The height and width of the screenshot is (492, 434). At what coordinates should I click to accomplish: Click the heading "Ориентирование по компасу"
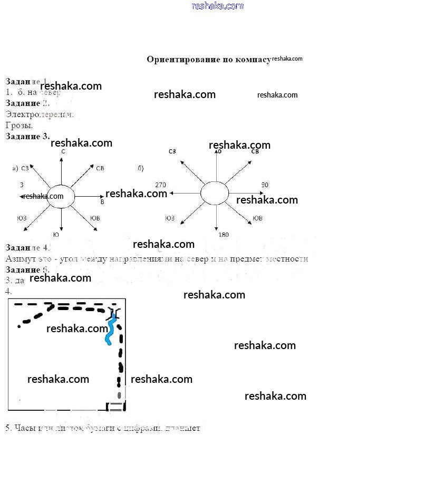tap(208, 59)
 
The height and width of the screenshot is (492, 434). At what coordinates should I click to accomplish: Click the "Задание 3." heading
tap(27, 136)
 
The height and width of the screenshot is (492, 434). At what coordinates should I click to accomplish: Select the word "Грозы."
tap(19, 126)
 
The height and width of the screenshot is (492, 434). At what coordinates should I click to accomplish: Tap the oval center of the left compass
tap(61, 196)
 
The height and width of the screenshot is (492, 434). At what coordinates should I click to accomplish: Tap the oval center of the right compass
tap(215, 192)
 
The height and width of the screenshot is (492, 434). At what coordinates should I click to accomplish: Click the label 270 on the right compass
tap(160, 185)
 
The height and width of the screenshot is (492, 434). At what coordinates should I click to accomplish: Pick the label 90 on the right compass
tap(265, 185)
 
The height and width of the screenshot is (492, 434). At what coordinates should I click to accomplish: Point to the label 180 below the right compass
tap(224, 235)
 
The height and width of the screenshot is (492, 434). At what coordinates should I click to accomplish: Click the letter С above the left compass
tap(63, 152)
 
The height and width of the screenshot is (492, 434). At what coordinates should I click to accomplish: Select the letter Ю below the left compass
tap(56, 235)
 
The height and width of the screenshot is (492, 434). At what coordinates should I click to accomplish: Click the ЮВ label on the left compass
tap(95, 218)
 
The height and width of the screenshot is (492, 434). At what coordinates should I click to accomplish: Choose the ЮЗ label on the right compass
tap(170, 218)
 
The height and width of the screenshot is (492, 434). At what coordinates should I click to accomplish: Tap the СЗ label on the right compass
tap(172, 152)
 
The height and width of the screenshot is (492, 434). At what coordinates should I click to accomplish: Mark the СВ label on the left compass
tap(100, 168)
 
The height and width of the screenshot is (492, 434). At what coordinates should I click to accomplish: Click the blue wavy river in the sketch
tap(111, 329)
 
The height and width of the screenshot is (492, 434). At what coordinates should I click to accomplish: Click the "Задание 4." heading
tap(27, 247)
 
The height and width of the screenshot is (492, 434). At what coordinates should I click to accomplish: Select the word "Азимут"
tap(18, 259)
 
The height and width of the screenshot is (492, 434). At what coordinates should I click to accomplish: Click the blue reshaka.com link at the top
tap(217, 6)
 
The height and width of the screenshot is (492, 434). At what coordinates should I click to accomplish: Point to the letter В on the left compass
tap(102, 201)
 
